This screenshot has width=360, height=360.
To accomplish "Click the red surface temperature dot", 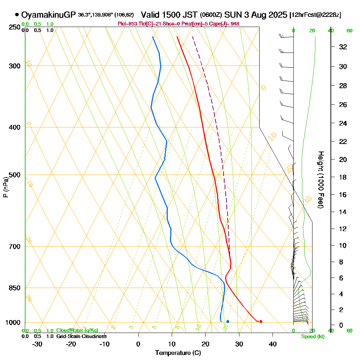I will pyautogui.click(x=261, y=321).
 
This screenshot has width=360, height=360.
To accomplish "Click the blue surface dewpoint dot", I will pyautogui.click(x=228, y=321).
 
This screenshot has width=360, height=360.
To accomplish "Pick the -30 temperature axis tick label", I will pyautogui.click(x=37, y=344).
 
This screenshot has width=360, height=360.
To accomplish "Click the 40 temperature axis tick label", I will pyautogui.click(x=273, y=344).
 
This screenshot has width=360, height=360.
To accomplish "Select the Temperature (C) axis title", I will pyautogui.click(x=178, y=353).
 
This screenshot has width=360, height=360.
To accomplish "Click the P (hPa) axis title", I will pyautogui.click(x=5, y=187).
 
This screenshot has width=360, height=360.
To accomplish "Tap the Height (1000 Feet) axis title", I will pyautogui.click(x=320, y=180).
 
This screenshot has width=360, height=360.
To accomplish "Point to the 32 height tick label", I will pyautogui.click(x=343, y=46).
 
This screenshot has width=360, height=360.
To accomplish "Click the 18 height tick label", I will pyautogui.click(x=343, y=177).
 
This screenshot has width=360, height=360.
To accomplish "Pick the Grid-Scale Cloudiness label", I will pyautogui.click(x=81, y=336).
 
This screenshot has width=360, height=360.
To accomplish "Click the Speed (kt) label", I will pyautogui.click(x=313, y=337).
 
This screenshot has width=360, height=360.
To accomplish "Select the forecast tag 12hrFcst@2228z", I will pyautogui.click(x=315, y=15).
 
